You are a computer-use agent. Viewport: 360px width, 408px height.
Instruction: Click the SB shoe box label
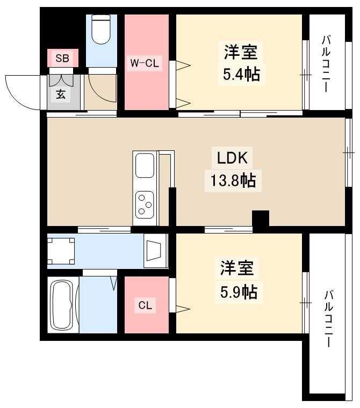[x=62, y=58]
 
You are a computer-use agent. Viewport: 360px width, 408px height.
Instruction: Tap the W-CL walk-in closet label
[x=145, y=63]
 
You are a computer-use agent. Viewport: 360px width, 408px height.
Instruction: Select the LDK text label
[x=232, y=158]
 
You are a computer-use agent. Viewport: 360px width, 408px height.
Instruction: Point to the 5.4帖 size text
[x=241, y=74]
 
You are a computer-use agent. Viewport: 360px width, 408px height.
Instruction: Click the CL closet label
[x=145, y=305]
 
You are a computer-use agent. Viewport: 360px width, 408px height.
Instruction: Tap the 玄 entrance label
[x=61, y=94]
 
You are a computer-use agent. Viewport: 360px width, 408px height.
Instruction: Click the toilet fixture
[x=102, y=29]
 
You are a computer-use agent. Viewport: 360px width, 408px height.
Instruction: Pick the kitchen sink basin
[x=145, y=165]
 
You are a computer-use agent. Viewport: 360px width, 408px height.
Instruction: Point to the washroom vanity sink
[x=155, y=251]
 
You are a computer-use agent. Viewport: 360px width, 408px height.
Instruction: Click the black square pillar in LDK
[x=261, y=218]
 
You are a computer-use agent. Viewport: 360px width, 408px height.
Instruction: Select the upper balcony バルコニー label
[x=326, y=64]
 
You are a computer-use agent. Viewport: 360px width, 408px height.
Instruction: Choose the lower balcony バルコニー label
[x=328, y=319]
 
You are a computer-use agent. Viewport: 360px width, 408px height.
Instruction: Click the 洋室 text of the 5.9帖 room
[x=237, y=268]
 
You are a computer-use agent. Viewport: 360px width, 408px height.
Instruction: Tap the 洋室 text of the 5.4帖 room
[x=241, y=52]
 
